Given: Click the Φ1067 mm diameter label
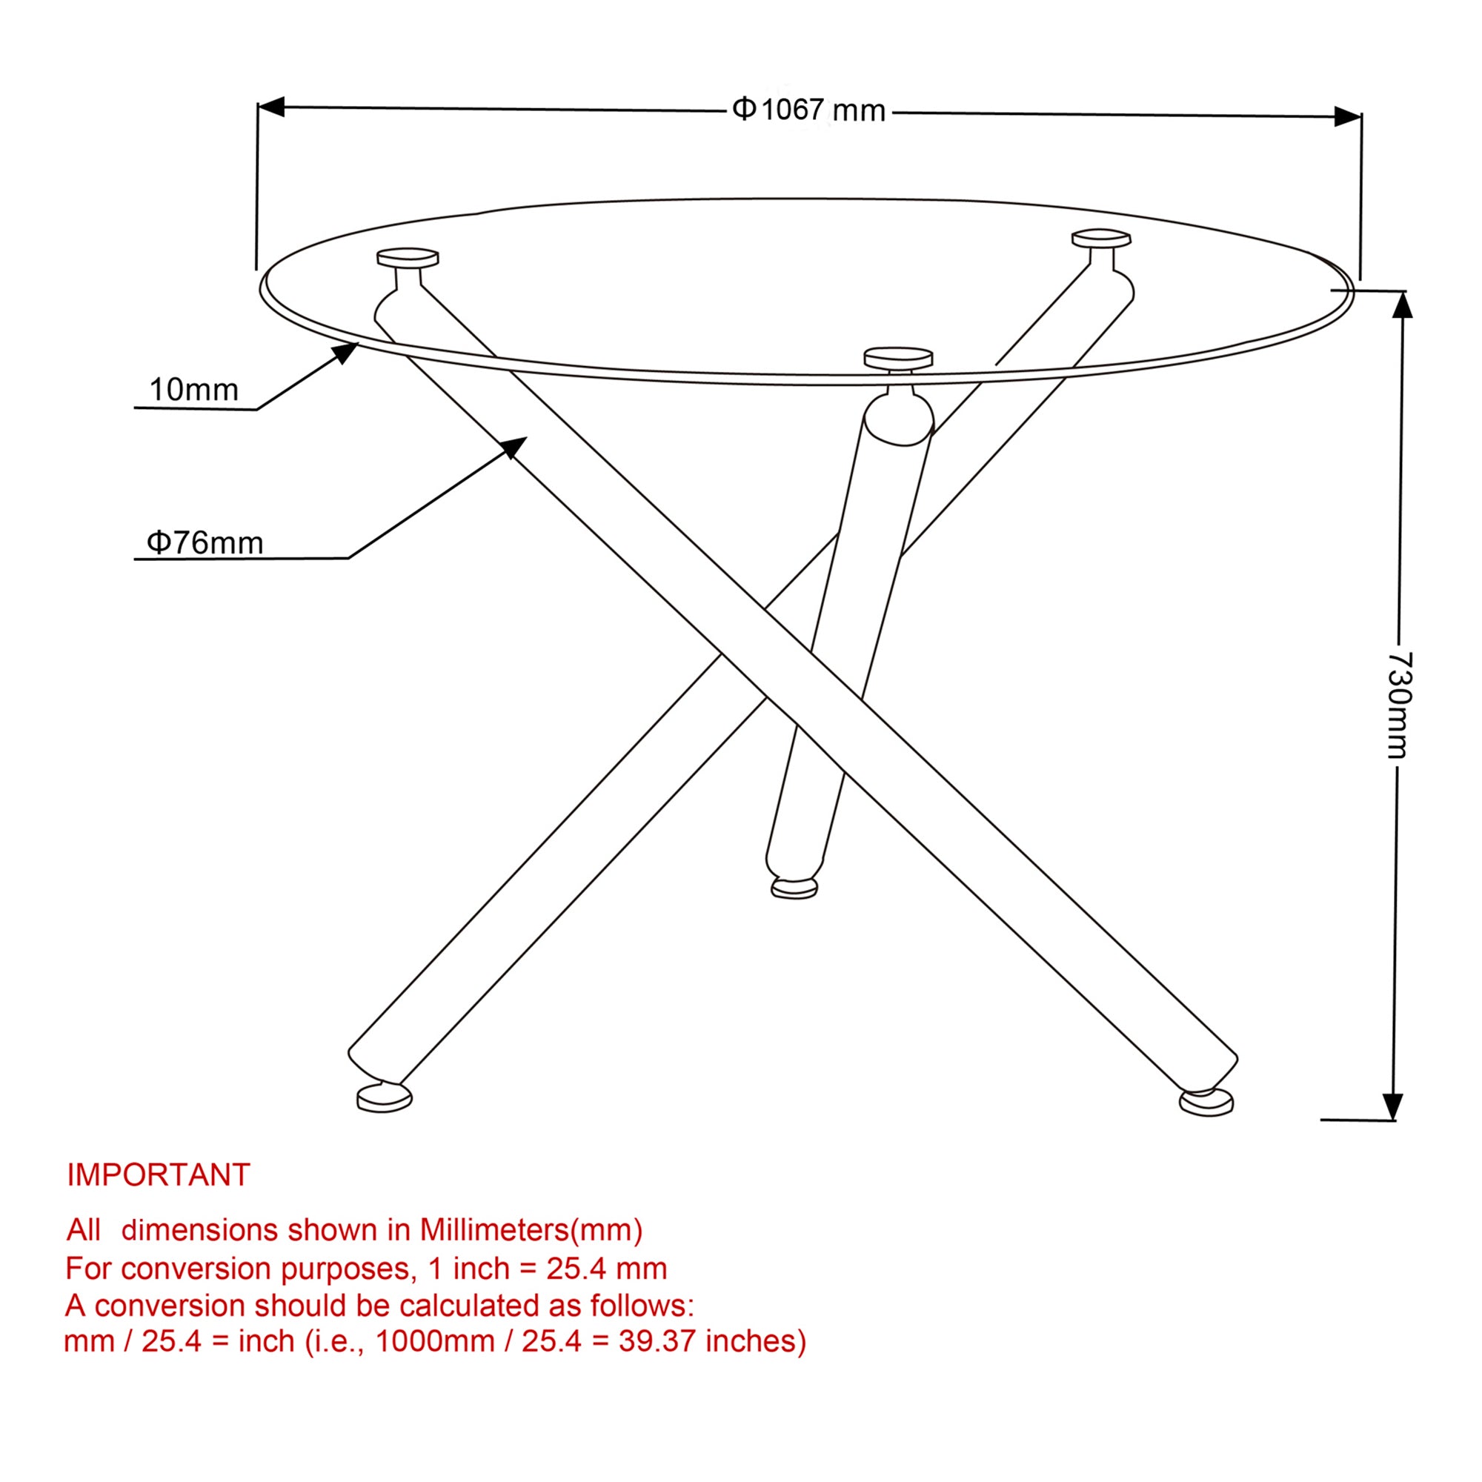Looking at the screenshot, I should coord(808,110).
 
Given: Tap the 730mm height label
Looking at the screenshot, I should coord(1399,705).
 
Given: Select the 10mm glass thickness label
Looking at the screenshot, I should coord(193,390).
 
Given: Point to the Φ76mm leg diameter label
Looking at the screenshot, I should coord(205,542).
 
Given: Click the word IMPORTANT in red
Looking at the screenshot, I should coord(159,1174).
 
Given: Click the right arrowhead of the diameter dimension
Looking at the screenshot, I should coord(1348,116).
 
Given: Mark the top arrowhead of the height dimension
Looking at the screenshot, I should coord(1402,305).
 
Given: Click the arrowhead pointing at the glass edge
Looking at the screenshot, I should coord(346,353).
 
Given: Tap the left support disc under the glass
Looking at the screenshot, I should coord(408,257).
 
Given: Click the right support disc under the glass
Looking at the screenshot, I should coord(1101,238).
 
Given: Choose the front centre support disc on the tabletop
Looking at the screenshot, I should coord(897,358).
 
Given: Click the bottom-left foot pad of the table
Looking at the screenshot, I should coord(385,1098).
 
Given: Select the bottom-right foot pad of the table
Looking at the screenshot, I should coord(1206,1103).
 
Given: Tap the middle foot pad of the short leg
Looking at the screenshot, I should coord(794,888).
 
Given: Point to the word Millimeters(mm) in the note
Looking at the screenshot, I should coord(530,1229).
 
